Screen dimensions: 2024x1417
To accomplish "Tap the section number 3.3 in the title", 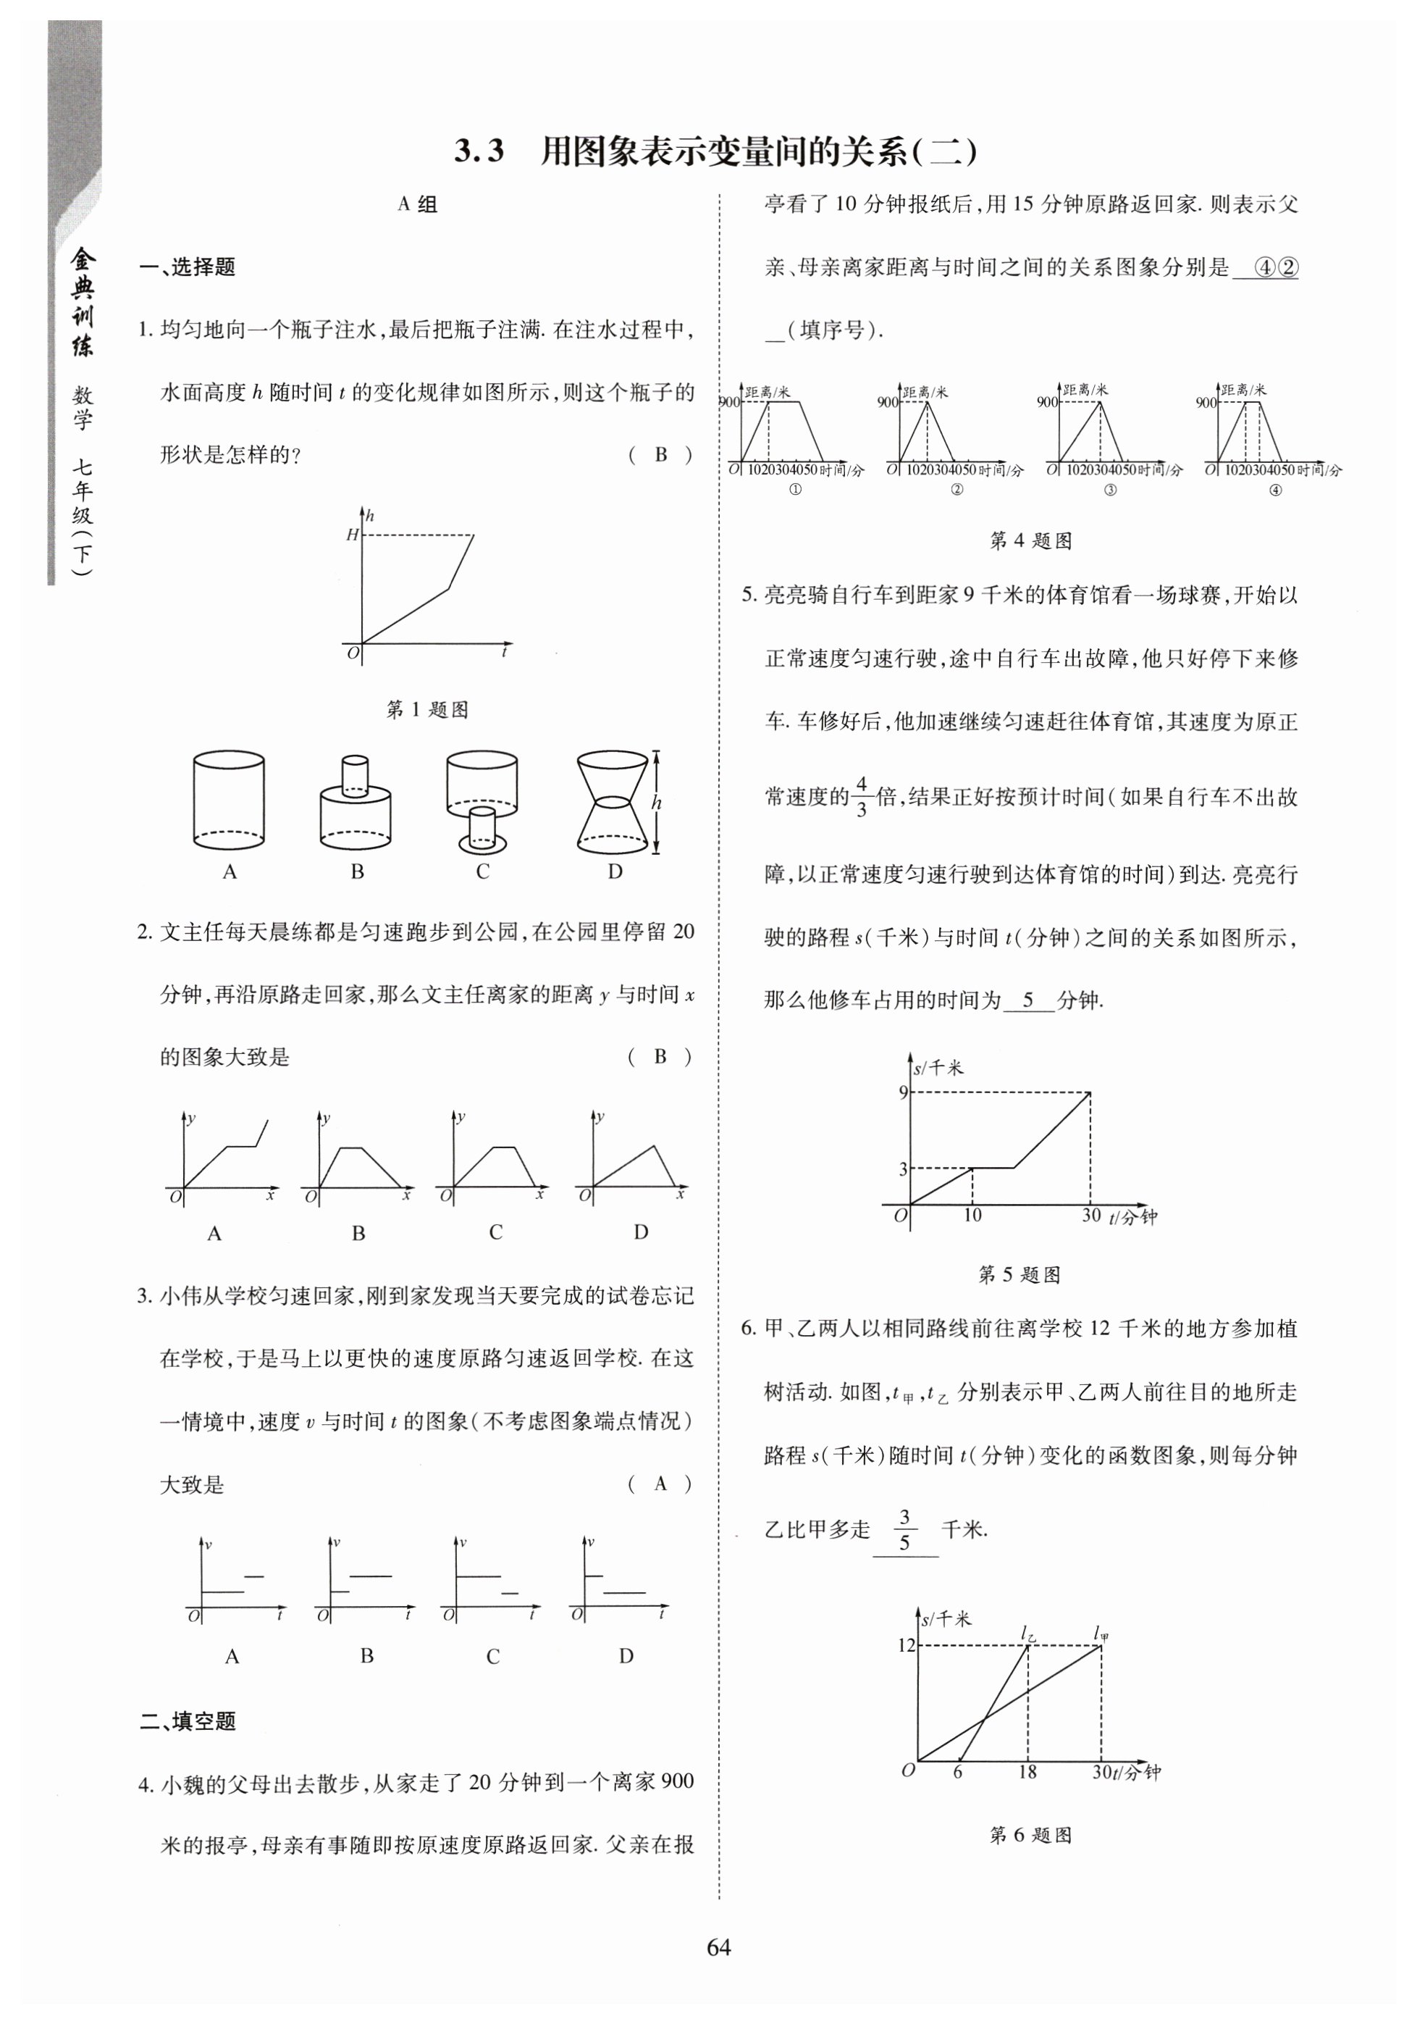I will pos(479,151).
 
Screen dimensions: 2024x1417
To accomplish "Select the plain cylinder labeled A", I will pos(228,800).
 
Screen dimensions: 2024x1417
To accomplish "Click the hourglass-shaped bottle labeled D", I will pos(615,802).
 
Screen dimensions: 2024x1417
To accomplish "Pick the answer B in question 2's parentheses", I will pos(660,1056).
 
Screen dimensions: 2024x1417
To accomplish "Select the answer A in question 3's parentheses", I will pos(660,1484).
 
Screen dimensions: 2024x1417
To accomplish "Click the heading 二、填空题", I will pos(188,1720).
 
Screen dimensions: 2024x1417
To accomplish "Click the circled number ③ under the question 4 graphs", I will pos(1109,490).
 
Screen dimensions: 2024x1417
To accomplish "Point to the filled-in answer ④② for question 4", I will pos(1274,267).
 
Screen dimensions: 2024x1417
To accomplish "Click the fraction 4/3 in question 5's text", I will pos(861,796).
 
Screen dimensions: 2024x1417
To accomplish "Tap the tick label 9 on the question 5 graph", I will pos(902,1093).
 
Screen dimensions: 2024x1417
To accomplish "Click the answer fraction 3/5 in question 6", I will pos(904,1531).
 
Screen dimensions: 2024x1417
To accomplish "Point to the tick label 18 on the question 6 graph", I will pos(1027,1772).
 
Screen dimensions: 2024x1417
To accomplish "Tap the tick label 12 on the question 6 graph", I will pos(906,1645).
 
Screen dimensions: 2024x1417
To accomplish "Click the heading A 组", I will pos(417,204).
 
